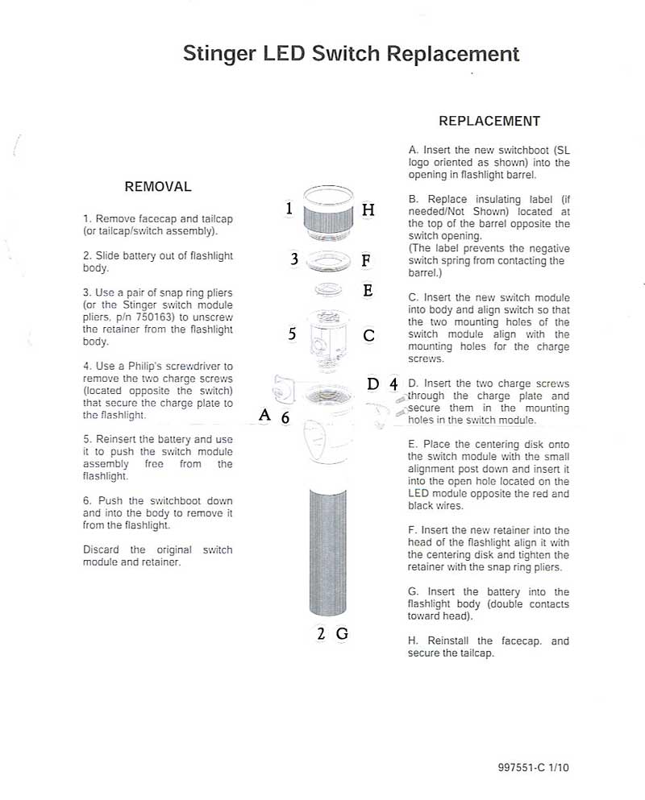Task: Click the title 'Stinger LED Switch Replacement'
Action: click(x=351, y=54)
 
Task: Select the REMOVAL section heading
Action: click(x=158, y=187)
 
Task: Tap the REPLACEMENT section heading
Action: click(x=489, y=122)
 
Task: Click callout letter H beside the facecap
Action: click(x=368, y=209)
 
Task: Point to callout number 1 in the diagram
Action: click(x=289, y=209)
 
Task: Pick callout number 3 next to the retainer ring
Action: click(x=294, y=259)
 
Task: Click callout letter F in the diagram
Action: click(x=366, y=260)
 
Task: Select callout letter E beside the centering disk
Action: click(x=368, y=290)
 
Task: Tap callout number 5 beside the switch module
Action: click(x=292, y=334)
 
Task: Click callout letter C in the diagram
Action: click(x=368, y=335)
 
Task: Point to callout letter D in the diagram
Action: click(x=372, y=383)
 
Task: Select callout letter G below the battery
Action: click(x=342, y=633)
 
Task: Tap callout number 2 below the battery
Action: click(x=321, y=633)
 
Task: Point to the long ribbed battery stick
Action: click(x=328, y=556)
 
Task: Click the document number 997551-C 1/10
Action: click(x=533, y=768)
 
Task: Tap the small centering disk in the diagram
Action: click(x=327, y=288)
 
